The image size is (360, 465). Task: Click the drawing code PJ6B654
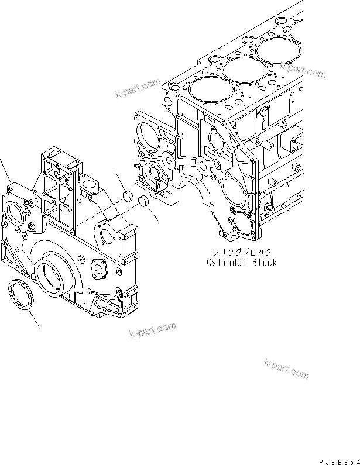[x=336, y=460]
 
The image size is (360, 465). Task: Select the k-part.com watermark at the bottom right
[x=286, y=368]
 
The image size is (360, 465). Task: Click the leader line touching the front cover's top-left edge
[x=5, y=170]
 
